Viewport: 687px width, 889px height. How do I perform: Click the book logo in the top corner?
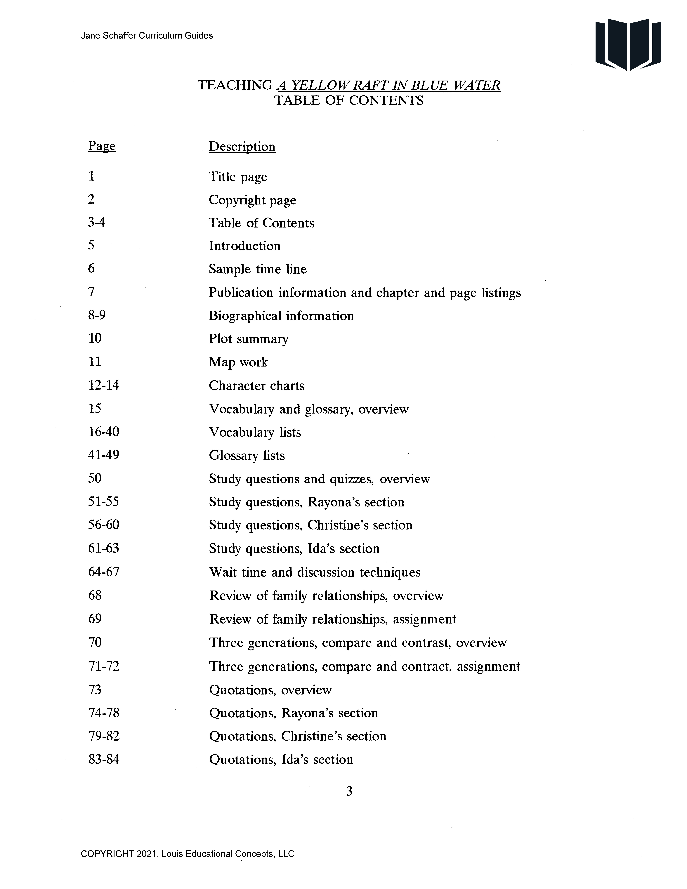coord(628,44)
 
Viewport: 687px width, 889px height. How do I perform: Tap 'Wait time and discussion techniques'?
coord(315,572)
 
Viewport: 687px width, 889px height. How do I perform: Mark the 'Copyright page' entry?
coord(252,200)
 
